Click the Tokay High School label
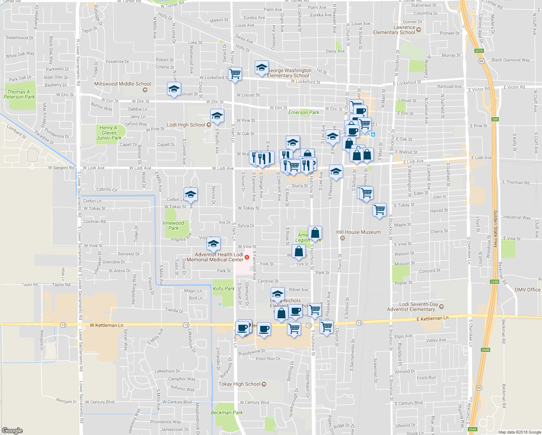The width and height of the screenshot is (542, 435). click(x=239, y=384)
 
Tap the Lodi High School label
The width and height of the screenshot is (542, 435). click(x=186, y=125)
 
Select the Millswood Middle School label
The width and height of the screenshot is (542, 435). click(x=122, y=84)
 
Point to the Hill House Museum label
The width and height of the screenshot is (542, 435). click(x=358, y=232)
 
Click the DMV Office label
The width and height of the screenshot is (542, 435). click(x=528, y=290)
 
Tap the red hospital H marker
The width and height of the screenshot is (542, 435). click(x=247, y=257)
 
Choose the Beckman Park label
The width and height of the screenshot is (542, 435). click(x=227, y=413)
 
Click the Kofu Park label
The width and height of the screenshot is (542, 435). click(x=224, y=289)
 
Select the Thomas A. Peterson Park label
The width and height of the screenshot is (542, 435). click(x=19, y=94)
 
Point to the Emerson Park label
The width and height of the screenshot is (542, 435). click(x=304, y=112)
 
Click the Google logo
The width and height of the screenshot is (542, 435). click(x=12, y=430)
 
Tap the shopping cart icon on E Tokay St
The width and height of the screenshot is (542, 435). click(x=379, y=210)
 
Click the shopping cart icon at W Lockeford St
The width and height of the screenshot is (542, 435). click(x=235, y=74)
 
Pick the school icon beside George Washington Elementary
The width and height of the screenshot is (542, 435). click(x=262, y=67)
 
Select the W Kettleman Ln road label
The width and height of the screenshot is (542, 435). click(x=107, y=325)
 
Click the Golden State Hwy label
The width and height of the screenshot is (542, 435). click(x=495, y=229)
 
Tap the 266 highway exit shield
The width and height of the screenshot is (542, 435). click(x=495, y=119)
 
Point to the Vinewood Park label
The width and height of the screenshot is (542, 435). click(x=173, y=225)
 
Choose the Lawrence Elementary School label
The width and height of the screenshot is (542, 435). click(x=394, y=30)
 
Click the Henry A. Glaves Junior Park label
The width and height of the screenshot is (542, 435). click(x=109, y=133)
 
